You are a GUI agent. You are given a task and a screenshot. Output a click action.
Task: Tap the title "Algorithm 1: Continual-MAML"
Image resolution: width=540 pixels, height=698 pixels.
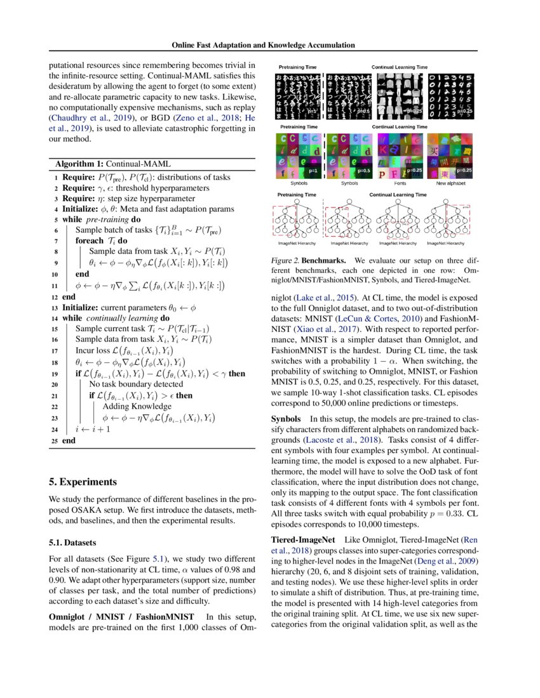tap(105, 164)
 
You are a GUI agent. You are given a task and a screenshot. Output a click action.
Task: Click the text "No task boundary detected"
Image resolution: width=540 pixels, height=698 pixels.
tap(136, 384)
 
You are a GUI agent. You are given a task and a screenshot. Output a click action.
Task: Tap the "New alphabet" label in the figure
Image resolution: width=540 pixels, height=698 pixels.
tap(451, 183)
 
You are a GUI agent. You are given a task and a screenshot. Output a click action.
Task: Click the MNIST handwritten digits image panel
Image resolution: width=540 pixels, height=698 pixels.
tap(451, 95)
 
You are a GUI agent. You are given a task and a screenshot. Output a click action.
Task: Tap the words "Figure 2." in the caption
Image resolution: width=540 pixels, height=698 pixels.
tap(285, 261)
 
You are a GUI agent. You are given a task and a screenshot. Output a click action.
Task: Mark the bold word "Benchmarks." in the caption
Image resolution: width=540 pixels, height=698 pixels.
tap(323, 261)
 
